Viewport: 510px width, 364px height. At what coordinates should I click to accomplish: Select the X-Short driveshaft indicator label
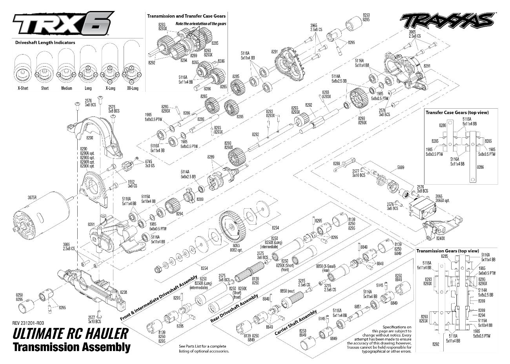pyautogui.click(x=23, y=88)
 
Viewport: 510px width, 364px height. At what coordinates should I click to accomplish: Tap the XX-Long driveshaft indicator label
pyautogui.click(x=132, y=88)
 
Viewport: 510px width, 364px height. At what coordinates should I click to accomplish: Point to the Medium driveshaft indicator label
pyautogui.click(x=66, y=88)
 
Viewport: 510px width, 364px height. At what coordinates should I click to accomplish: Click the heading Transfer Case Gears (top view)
pyautogui.click(x=457, y=113)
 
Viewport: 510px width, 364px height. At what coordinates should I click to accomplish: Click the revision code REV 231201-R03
pyautogui.click(x=28, y=323)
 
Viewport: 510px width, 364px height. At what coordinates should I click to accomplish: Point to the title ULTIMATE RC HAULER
pyautogui.click(x=71, y=334)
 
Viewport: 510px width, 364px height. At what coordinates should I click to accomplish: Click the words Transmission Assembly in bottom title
pyautogui.click(x=71, y=347)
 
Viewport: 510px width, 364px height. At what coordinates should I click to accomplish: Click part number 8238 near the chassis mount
pyautogui.click(x=124, y=292)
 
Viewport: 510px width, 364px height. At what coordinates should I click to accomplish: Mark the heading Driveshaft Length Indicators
pyautogui.click(x=45, y=42)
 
